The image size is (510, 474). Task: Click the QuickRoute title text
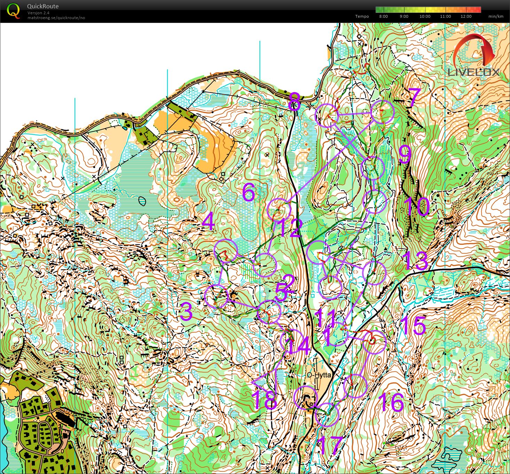click(42, 6)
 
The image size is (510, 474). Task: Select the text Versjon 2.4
click(38, 13)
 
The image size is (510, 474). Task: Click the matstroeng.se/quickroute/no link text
click(56, 18)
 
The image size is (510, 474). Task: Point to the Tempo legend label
click(362, 16)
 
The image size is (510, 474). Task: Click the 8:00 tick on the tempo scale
click(383, 16)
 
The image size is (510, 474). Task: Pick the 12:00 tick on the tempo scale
click(466, 16)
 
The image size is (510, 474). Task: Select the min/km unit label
click(496, 16)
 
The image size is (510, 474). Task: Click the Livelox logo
click(473, 56)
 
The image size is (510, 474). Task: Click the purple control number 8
click(294, 101)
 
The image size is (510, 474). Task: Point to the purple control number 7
click(414, 98)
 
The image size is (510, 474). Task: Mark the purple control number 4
click(208, 222)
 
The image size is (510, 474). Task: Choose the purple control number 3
click(186, 311)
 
